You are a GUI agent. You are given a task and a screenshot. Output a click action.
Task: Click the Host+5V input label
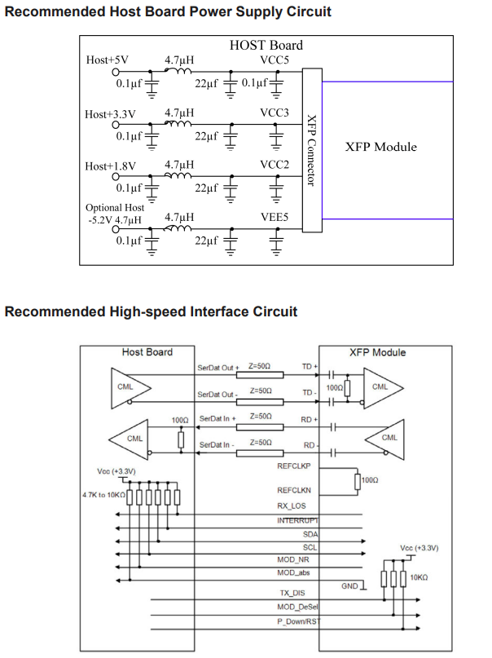pyautogui.click(x=107, y=60)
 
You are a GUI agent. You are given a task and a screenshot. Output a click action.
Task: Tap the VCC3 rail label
pyautogui.click(x=275, y=113)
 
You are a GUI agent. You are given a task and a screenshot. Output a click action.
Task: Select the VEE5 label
pyautogui.click(x=275, y=218)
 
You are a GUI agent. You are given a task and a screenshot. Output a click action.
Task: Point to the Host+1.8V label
pyautogui.click(x=110, y=166)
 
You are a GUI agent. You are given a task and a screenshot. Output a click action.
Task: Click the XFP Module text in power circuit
pyautogui.click(x=380, y=147)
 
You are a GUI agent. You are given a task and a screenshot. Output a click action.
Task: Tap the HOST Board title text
pyautogui.click(x=266, y=46)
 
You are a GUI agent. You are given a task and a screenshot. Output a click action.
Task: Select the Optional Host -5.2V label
pyautogui.click(x=114, y=214)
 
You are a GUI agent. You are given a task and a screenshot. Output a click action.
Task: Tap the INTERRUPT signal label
pyautogui.click(x=297, y=520)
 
